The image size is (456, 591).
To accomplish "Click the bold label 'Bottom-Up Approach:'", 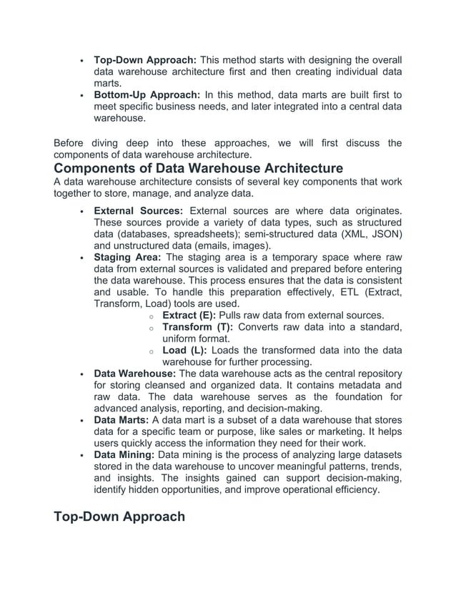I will pos(147,94).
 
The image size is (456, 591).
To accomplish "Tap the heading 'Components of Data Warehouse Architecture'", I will pos(199,169).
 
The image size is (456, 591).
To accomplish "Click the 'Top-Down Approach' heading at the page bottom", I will pos(119,517).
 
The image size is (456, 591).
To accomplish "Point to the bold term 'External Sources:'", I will pos(139,210).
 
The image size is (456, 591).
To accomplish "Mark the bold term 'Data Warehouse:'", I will pos(135,373).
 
